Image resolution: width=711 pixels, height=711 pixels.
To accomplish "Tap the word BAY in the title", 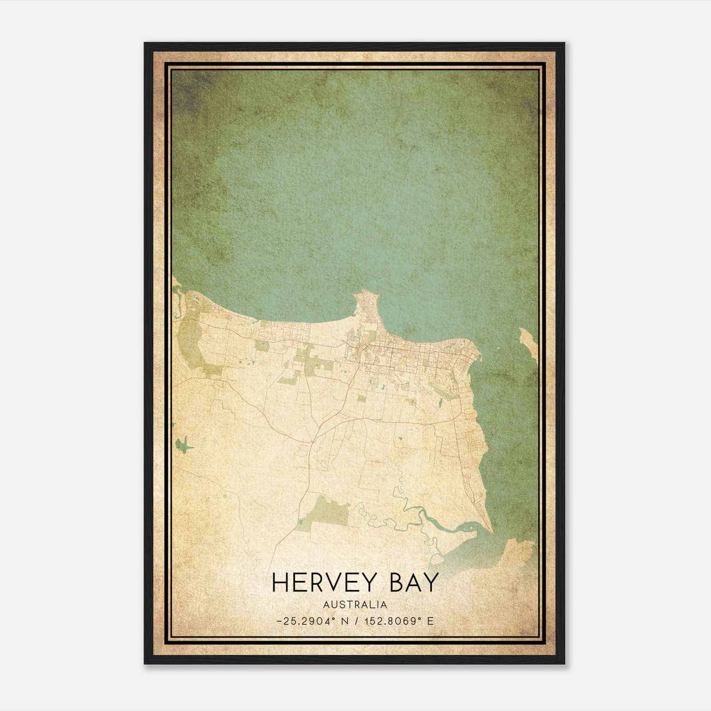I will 414,583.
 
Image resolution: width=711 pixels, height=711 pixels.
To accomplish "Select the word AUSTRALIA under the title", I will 355,605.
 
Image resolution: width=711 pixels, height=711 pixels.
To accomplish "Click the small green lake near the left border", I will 183,444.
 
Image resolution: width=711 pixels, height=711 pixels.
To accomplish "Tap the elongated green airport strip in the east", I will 443,391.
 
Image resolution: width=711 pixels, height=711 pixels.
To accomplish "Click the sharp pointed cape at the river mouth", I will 491,531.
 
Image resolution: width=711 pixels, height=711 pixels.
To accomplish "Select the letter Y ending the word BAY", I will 431,583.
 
